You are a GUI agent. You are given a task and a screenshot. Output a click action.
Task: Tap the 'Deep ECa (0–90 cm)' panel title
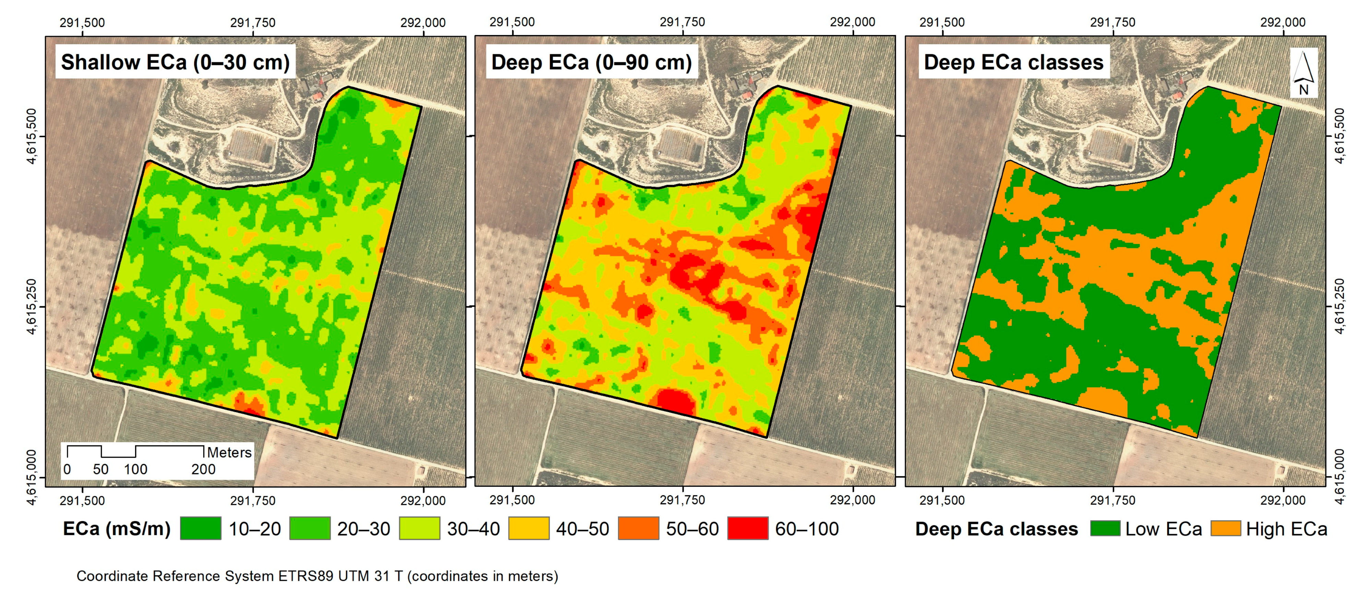[x=591, y=62]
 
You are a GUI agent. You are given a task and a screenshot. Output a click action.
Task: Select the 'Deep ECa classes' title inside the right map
[x=1013, y=62]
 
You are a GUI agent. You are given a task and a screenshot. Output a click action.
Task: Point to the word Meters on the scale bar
[x=229, y=452]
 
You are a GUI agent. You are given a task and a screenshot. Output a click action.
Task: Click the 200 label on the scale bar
[x=203, y=470]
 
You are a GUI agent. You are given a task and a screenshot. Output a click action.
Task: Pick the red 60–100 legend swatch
[x=747, y=528]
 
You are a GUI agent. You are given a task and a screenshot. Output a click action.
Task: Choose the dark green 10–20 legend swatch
[x=200, y=528]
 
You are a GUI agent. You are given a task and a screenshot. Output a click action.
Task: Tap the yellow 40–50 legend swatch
[x=528, y=528]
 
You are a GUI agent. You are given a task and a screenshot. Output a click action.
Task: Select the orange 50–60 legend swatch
[x=638, y=528]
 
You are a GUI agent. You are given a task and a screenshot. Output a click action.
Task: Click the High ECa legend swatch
[x=1226, y=528]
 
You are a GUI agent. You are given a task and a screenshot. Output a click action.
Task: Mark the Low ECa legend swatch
[x=1105, y=528]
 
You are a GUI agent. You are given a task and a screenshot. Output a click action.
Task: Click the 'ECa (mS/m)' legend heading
[x=117, y=528]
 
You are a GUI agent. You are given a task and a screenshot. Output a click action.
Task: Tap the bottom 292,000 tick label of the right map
[x=1282, y=500]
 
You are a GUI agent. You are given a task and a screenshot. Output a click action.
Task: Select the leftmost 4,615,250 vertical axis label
[x=32, y=306]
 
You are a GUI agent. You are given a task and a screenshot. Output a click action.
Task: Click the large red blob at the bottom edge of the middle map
[x=675, y=401]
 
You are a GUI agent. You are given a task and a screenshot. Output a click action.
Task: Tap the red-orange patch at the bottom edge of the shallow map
[x=249, y=404]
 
